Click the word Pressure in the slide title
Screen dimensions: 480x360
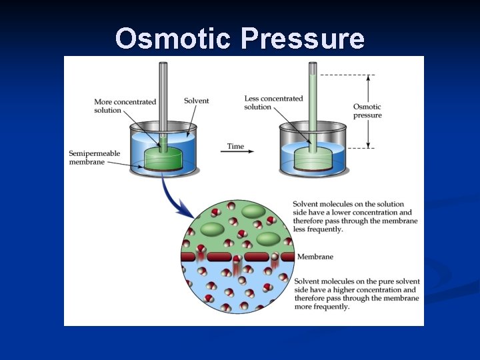(303, 39)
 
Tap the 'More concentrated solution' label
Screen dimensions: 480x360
(125, 106)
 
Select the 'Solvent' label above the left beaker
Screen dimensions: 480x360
(196, 101)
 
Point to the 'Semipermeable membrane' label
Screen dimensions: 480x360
(95, 157)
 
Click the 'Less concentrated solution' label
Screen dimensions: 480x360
(273, 103)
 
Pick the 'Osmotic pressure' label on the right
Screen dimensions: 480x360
(367, 111)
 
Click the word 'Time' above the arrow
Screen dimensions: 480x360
(235, 146)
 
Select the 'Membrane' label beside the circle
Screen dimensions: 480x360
(315, 257)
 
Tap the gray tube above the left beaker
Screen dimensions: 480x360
(162, 93)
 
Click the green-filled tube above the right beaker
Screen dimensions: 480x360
(312, 93)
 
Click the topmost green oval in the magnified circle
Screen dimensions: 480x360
(253, 212)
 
